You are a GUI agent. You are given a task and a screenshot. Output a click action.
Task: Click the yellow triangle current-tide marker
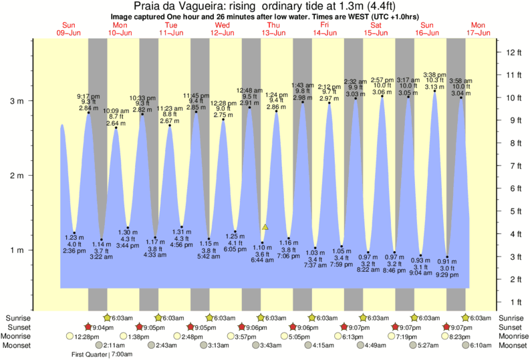[x=265, y=227]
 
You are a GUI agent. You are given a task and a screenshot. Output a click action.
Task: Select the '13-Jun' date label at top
[x=274, y=33]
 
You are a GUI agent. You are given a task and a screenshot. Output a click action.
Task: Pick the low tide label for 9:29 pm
[x=447, y=275]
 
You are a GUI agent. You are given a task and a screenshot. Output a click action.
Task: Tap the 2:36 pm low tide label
[x=74, y=250]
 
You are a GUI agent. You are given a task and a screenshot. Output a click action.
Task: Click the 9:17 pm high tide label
[x=88, y=96]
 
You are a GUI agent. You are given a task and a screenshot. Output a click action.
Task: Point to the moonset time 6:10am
[x=484, y=345]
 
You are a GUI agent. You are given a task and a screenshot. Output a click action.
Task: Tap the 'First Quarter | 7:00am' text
[x=102, y=355]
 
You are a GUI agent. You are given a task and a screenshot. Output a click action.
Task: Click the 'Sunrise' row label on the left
[x=19, y=318]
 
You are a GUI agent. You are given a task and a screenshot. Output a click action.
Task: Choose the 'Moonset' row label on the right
[x=511, y=345]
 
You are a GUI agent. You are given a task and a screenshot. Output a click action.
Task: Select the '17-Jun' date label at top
[x=479, y=33]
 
